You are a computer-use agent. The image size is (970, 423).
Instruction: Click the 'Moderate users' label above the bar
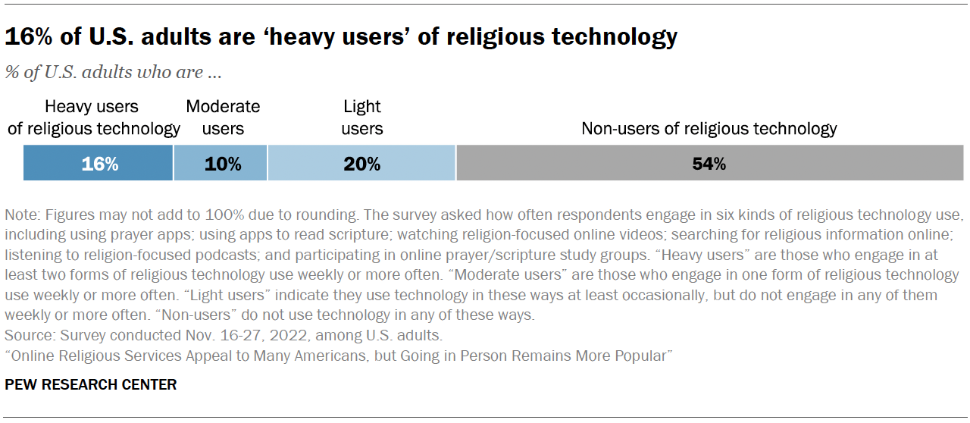223,117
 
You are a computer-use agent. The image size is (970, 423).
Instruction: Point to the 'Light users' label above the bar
361,117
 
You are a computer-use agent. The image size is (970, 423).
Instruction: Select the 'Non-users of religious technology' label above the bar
709,128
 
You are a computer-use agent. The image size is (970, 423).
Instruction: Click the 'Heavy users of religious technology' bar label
94,117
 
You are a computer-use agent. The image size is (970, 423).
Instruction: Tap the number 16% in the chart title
24,36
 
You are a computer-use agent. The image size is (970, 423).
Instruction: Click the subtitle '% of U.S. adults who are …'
114,73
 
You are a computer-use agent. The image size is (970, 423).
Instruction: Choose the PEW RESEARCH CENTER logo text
90,385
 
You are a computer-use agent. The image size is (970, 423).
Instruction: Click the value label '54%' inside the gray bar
709,164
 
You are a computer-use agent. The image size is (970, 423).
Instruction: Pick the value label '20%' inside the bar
361,164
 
